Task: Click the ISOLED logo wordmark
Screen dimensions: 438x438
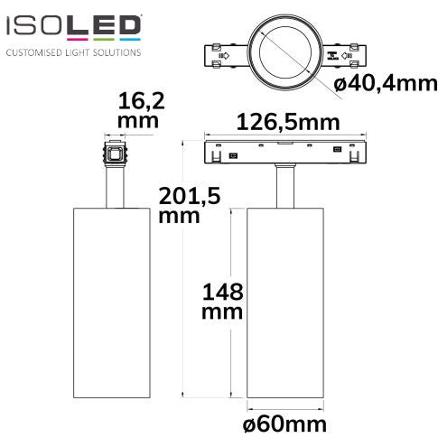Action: click(x=73, y=25)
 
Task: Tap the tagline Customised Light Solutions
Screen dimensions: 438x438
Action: click(x=73, y=52)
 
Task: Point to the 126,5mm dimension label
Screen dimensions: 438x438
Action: click(x=288, y=123)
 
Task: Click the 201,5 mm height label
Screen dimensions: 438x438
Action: click(x=190, y=205)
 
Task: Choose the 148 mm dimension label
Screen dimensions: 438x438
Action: click(x=222, y=301)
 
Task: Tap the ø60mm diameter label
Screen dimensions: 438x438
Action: click(x=284, y=424)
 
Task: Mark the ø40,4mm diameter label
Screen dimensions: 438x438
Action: click(x=385, y=83)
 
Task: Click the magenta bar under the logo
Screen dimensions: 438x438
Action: click(x=78, y=39)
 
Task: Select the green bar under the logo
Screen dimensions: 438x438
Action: click(x=104, y=39)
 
